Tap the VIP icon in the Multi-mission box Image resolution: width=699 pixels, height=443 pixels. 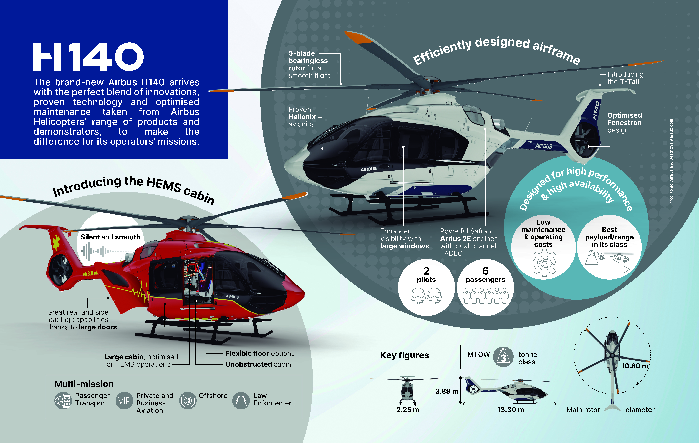pyautogui.click(x=124, y=401)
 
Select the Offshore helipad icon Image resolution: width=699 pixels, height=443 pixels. pyautogui.click(x=188, y=401)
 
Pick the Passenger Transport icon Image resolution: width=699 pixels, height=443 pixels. pyautogui.click(x=63, y=401)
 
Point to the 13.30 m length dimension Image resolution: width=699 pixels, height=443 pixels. pyautogui.click(x=511, y=410)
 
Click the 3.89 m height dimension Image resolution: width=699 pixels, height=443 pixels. pyautogui.click(x=446, y=391)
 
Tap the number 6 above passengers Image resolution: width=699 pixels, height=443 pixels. pyautogui.click(x=485, y=271)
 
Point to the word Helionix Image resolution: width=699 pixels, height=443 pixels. pyautogui.click(x=302, y=117)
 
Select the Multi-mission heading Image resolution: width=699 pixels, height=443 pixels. pyautogui.click(x=84, y=384)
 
